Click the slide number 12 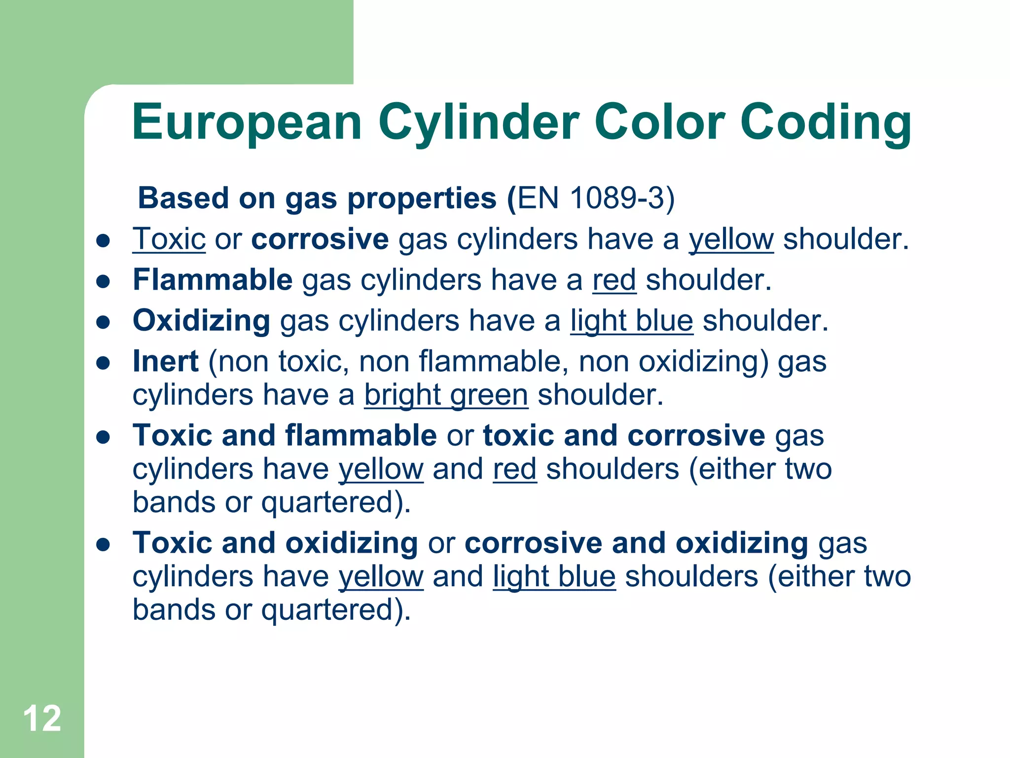pos(42,719)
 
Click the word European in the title pos(247,122)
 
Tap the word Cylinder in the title pos(478,122)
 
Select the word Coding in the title pos(826,122)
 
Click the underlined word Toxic pos(169,239)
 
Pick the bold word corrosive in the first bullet pos(320,239)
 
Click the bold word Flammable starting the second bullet pos(213,280)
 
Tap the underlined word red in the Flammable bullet pos(614,280)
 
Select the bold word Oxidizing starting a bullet pos(201,321)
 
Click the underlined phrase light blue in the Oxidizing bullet pos(632,321)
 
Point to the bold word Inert pos(166,361)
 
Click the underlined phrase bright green pos(446,395)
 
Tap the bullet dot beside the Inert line pos(103,364)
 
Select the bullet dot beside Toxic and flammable pos(103,438)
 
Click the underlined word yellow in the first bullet pos(731,240)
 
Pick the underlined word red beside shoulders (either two pos(514,469)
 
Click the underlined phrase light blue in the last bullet pos(554,576)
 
